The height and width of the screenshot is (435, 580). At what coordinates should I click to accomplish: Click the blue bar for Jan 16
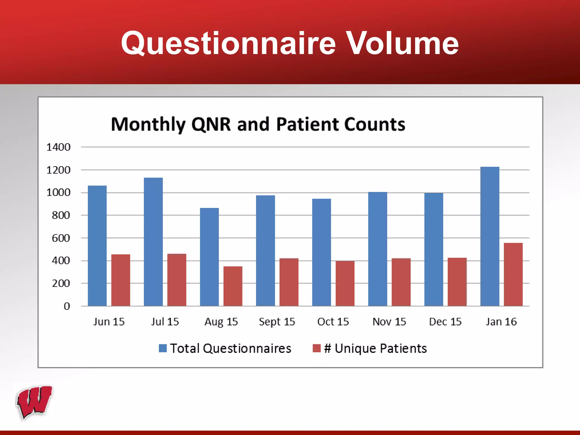[x=490, y=236]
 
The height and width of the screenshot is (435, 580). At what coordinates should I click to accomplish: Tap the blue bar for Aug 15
[x=209, y=257]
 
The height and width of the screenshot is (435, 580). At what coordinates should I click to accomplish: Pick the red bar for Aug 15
[x=233, y=286]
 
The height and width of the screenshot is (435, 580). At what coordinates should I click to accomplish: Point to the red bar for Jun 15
[x=121, y=280]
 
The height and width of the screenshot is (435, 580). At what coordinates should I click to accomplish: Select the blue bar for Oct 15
[x=321, y=252]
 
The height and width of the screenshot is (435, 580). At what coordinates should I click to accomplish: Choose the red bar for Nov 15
[x=401, y=282]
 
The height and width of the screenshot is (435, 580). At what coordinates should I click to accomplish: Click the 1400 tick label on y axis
[x=58, y=147]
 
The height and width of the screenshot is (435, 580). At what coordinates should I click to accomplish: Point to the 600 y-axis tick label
[x=61, y=238]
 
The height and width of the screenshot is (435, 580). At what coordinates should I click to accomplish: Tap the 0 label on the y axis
[x=67, y=306]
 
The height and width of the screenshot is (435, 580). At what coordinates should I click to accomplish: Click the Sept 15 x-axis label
[x=277, y=322]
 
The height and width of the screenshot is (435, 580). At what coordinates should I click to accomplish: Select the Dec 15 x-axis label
[x=445, y=322]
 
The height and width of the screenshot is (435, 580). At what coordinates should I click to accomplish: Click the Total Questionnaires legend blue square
[x=163, y=348]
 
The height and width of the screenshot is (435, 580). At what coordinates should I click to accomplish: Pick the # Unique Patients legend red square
[x=316, y=348]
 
